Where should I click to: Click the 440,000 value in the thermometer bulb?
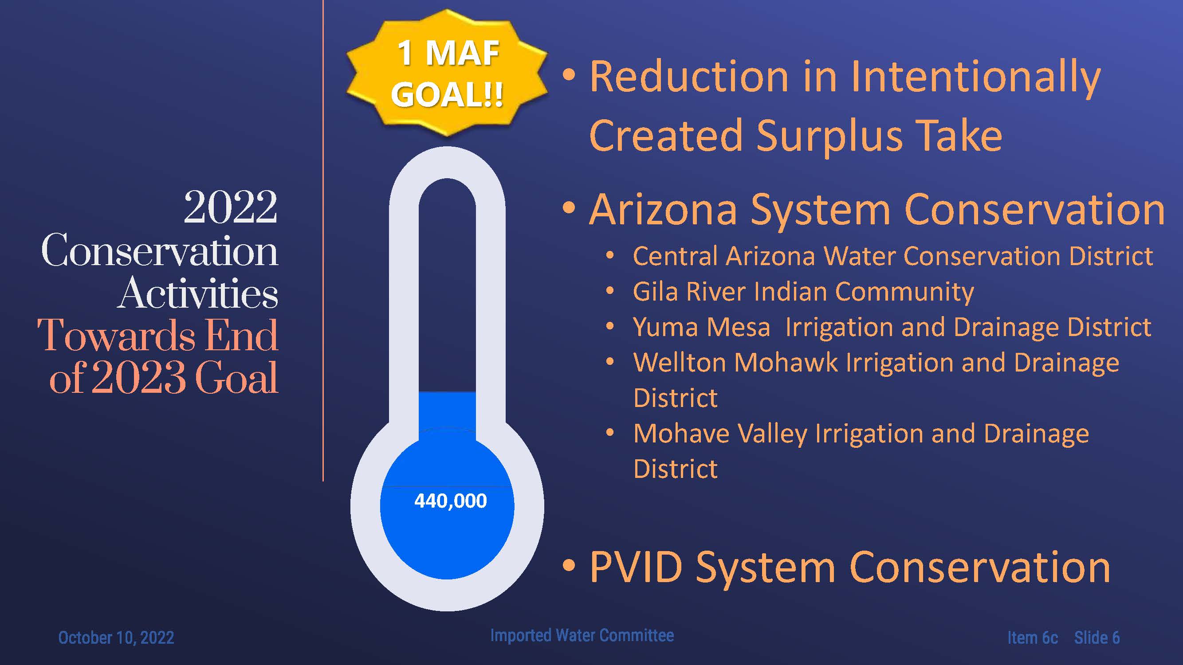(451, 501)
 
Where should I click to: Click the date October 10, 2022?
(116, 638)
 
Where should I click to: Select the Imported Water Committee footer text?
(582, 635)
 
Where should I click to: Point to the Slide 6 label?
(1097, 638)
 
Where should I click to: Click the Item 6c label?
(1033, 638)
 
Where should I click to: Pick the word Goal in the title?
(236, 377)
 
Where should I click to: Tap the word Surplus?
(829, 136)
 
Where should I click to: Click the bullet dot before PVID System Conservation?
(569, 565)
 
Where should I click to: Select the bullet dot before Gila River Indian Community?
(610, 290)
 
